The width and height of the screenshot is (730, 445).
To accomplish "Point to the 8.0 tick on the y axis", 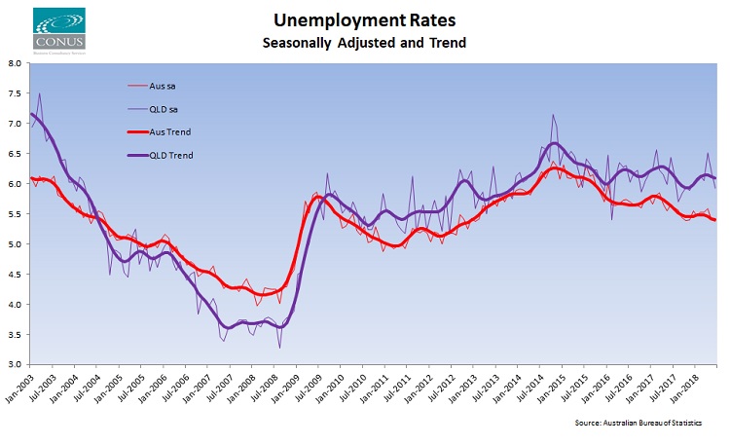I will point(15,63).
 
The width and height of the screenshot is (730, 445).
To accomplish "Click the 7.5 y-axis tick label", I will point(15,93).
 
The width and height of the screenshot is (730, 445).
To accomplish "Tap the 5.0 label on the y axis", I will point(15,243).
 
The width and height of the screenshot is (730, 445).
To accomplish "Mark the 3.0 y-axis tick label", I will point(15,364).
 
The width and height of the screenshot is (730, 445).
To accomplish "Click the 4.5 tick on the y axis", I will point(15,274).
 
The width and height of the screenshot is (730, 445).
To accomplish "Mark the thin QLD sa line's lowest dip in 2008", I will point(279,348).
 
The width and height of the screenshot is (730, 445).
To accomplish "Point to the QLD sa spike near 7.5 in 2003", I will point(39,94).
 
